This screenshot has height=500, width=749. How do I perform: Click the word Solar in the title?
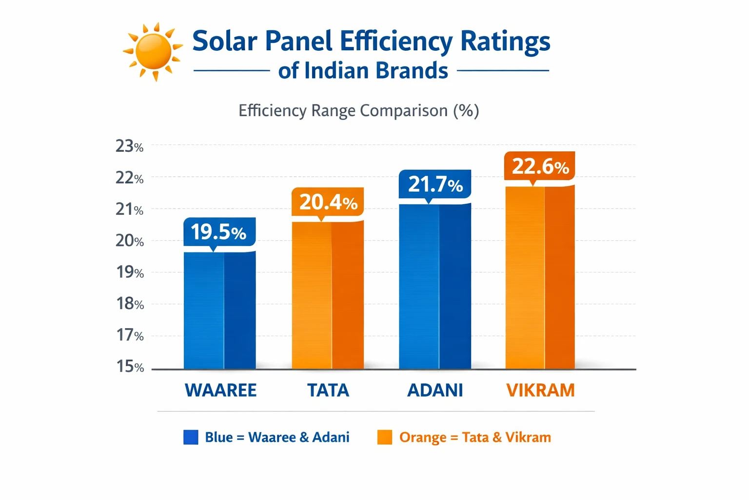tap(224, 41)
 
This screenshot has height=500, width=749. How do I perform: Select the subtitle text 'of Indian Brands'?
tap(363, 71)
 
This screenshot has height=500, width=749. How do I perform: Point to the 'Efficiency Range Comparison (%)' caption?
tap(358, 111)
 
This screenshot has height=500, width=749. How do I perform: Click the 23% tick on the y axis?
tap(129, 146)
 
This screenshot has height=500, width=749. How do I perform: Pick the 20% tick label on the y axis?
tap(129, 241)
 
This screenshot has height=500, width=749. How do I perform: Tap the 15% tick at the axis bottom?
tap(130, 366)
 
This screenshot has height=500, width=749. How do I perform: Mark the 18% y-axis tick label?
tap(130, 304)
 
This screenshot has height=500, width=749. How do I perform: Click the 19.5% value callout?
tap(219, 232)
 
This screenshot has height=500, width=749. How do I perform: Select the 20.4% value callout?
tap(328, 202)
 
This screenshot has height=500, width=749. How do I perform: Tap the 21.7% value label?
tap(435, 184)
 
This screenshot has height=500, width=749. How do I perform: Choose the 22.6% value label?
tap(540, 167)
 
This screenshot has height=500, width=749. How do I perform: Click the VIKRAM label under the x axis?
tap(540, 390)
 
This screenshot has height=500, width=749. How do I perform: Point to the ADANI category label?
tap(435, 390)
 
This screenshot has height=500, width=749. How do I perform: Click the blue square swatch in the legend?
tap(191, 437)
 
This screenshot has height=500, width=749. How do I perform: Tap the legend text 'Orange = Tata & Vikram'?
tap(474, 437)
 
